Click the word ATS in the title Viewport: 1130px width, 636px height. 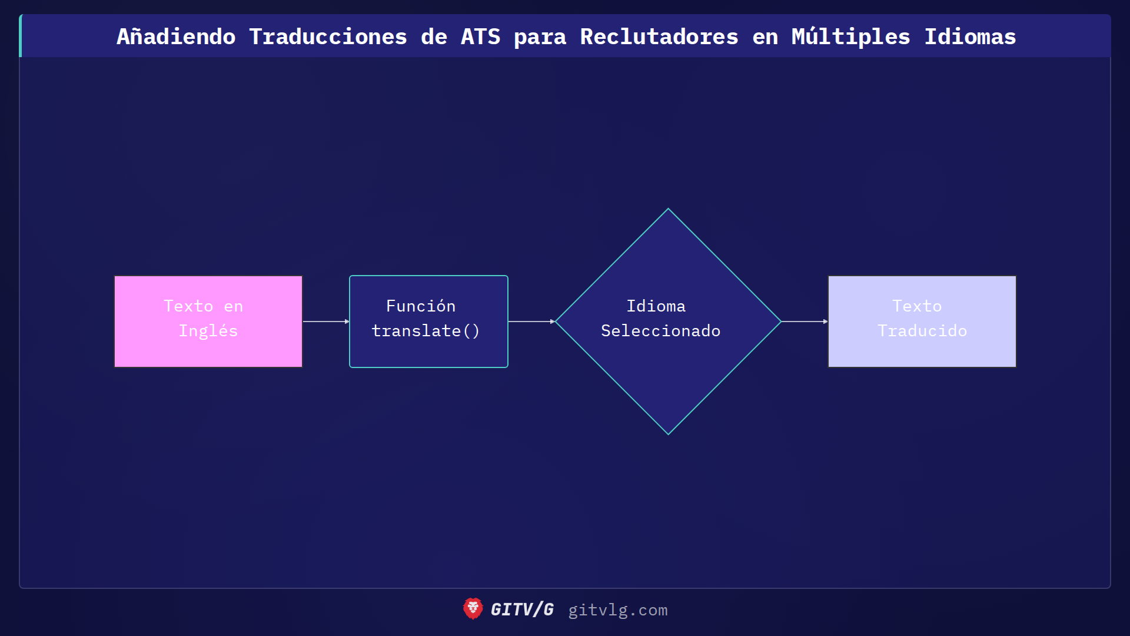tap(480, 37)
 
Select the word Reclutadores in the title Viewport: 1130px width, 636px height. tap(659, 37)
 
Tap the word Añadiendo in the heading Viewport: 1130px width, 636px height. tap(176, 37)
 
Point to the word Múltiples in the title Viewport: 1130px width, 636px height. tap(850, 37)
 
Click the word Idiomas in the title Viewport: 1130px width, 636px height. tap(970, 37)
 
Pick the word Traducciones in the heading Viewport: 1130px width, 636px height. tap(328, 37)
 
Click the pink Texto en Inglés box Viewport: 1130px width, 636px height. tap(208, 322)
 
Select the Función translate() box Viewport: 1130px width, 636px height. tap(428, 322)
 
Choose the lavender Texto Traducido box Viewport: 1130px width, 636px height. tap(922, 322)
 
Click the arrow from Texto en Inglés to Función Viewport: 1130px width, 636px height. tap(325, 322)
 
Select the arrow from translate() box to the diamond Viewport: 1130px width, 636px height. tap(531, 322)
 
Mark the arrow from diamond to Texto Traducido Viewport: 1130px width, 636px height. tap(804, 322)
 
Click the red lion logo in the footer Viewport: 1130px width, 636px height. tap(473, 609)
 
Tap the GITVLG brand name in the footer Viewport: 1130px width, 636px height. tap(522, 609)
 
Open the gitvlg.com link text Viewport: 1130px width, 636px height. tap(617, 610)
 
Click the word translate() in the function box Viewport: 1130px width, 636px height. tap(426, 331)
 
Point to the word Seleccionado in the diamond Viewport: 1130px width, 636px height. tap(660, 331)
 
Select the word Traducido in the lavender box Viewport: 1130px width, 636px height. tap(922, 331)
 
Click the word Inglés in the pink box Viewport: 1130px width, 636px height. tap(208, 331)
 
